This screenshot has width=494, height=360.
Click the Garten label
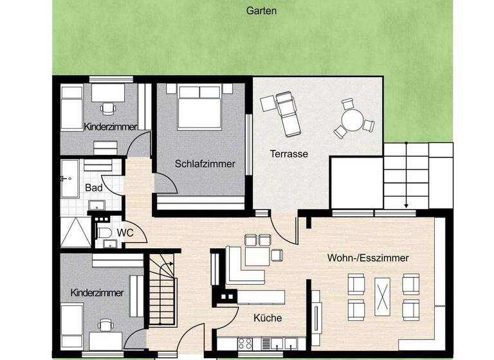pos(261,10)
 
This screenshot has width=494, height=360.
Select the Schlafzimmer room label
pos(205,164)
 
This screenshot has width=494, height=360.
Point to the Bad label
pos(93,188)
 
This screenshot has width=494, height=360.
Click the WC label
pos(125,233)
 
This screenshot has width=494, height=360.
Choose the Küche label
pos(267,318)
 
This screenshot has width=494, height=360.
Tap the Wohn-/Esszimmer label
pos(368,258)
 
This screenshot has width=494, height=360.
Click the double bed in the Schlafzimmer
pos(199,107)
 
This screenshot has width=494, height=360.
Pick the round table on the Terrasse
pos(351,120)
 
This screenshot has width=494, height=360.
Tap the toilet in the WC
pos(103,233)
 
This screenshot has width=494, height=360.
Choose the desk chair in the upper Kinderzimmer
pos(108,107)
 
